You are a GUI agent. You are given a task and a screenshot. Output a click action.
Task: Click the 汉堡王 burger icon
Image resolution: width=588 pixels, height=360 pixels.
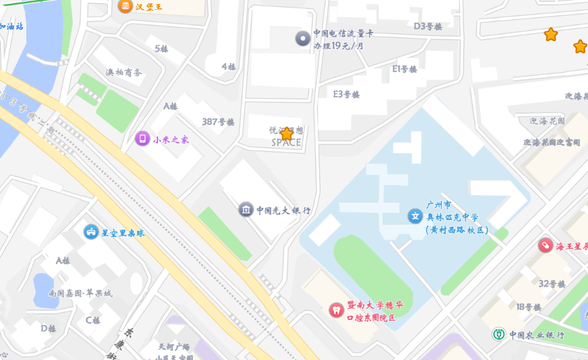(125, 7)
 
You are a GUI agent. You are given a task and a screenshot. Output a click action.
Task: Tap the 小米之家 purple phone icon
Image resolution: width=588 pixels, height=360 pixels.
(142, 139)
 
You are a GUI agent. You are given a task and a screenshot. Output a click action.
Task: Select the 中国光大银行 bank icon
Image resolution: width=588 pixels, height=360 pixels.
(246, 210)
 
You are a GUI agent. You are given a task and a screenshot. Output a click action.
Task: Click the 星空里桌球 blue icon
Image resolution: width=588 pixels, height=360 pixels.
(91, 232)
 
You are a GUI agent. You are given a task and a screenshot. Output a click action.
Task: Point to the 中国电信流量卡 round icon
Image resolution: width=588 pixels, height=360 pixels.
(303, 39)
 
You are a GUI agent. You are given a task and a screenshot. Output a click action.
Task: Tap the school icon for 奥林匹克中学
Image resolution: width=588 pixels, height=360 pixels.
(415, 216)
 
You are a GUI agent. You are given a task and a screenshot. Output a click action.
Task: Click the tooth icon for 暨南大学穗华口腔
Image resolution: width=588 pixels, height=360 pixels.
(336, 310)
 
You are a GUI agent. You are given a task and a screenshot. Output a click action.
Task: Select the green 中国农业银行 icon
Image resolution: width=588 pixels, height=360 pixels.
(499, 334)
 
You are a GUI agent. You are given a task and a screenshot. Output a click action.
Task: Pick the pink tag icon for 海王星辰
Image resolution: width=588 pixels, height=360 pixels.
(545, 245)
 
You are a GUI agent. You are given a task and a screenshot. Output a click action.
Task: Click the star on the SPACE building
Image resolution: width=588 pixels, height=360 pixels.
(286, 133)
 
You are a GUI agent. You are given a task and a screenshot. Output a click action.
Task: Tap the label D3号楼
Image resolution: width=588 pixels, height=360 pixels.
(428, 26)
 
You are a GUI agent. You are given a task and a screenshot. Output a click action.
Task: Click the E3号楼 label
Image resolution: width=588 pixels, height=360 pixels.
(346, 94)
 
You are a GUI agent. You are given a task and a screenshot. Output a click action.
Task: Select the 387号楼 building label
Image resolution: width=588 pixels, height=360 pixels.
(218, 122)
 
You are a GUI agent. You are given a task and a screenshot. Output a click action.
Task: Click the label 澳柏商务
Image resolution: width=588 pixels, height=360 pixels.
(124, 73)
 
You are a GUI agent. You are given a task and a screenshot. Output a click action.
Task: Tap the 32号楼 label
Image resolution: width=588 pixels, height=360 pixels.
(551, 284)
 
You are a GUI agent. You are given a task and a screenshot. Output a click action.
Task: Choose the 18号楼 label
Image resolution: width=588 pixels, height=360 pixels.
(529, 307)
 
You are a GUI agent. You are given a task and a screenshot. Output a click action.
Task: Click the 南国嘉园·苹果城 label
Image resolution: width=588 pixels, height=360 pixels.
(80, 293)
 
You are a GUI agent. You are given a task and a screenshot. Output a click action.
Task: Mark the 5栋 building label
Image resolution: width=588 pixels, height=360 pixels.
(162, 49)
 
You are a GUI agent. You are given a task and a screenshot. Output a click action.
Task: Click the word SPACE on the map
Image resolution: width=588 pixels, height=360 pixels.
(286, 143)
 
